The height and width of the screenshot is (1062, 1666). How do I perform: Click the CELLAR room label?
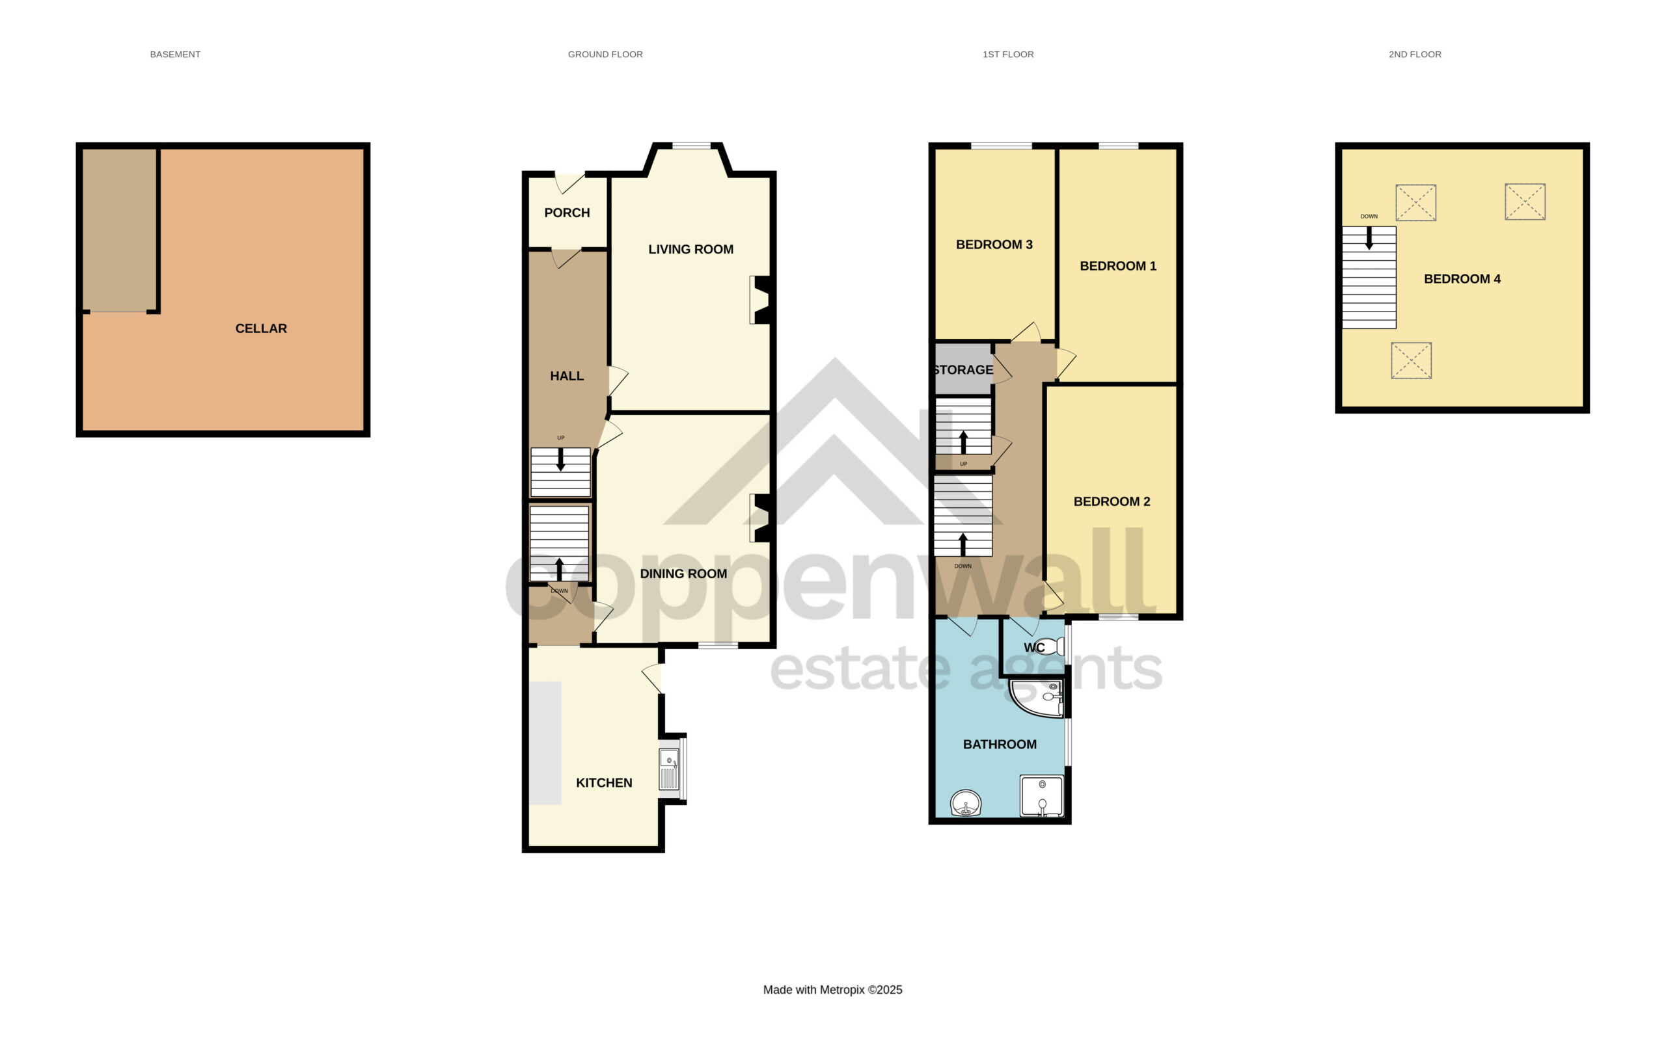click(x=261, y=328)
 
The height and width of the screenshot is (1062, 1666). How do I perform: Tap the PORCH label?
click(x=567, y=213)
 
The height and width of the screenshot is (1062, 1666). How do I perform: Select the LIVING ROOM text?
click(x=690, y=250)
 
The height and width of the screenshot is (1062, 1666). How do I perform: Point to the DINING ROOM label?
click(x=683, y=574)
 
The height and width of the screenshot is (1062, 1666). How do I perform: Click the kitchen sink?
click(x=669, y=769)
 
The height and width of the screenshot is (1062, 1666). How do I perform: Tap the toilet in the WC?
click(x=1051, y=646)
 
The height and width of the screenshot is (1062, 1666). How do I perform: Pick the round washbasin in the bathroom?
click(x=965, y=803)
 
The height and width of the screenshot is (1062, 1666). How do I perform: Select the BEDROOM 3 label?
click(x=994, y=245)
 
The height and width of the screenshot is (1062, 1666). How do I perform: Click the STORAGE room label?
click(x=963, y=370)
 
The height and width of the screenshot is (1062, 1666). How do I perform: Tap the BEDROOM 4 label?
click(x=1462, y=280)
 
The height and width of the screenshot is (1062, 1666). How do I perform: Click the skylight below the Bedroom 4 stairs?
click(x=1411, y=361)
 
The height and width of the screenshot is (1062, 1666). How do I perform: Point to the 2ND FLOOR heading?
click(x=1415, y=55)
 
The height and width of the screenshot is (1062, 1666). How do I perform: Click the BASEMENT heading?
click(x=175, y=55)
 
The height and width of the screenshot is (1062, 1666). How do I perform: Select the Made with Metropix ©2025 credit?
click(x=832, y=990)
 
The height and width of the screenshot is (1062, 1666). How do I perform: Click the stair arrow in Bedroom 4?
click(x=1369, y=238)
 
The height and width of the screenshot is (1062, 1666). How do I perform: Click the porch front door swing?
click(x=569, y=183)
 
